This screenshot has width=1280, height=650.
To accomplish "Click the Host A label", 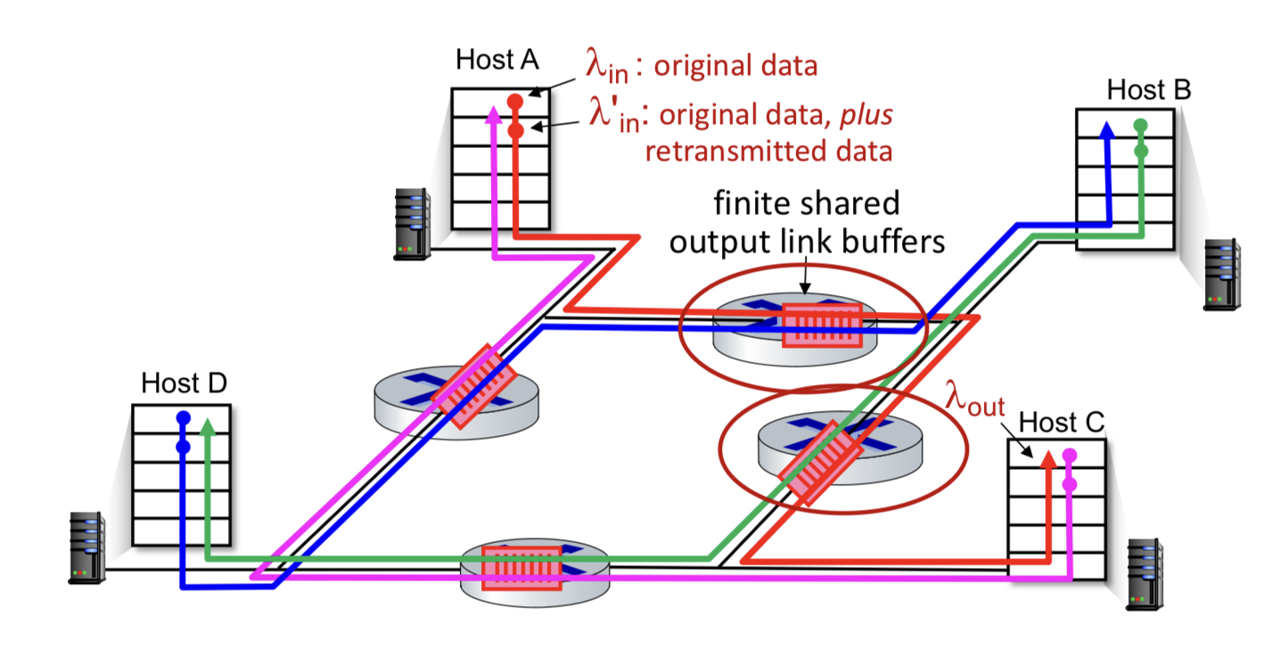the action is (x=496, y=60).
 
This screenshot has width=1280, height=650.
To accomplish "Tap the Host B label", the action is (x=1149, y=90).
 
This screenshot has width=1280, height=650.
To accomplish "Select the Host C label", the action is (x=1061, y=423).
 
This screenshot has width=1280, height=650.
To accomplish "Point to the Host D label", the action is (x=184, y=383).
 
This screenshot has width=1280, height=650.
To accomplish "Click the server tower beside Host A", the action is (x=412, y=224).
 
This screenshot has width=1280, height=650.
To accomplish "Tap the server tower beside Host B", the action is (x=1222, y=275).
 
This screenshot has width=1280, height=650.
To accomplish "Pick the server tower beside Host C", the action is (x=1145, y=574).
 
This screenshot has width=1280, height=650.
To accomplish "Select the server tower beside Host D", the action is (x=86, y=547).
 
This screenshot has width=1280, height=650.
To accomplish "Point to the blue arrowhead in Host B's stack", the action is (x=1107, y=130).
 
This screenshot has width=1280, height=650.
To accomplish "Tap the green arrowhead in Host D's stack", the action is (x=208, y=426).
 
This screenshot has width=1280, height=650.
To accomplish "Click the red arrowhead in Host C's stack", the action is (x=1048, y=459).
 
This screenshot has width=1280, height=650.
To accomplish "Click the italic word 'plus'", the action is (x=866, y=116).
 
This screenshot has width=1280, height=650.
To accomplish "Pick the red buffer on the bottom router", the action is (x=521, y=568).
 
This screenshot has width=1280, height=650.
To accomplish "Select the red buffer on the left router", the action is (x=473, y=386).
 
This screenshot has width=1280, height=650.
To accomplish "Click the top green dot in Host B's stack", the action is (x=1141, y=125).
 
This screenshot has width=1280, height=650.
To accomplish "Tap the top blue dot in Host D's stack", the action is (x=183, y=418).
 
